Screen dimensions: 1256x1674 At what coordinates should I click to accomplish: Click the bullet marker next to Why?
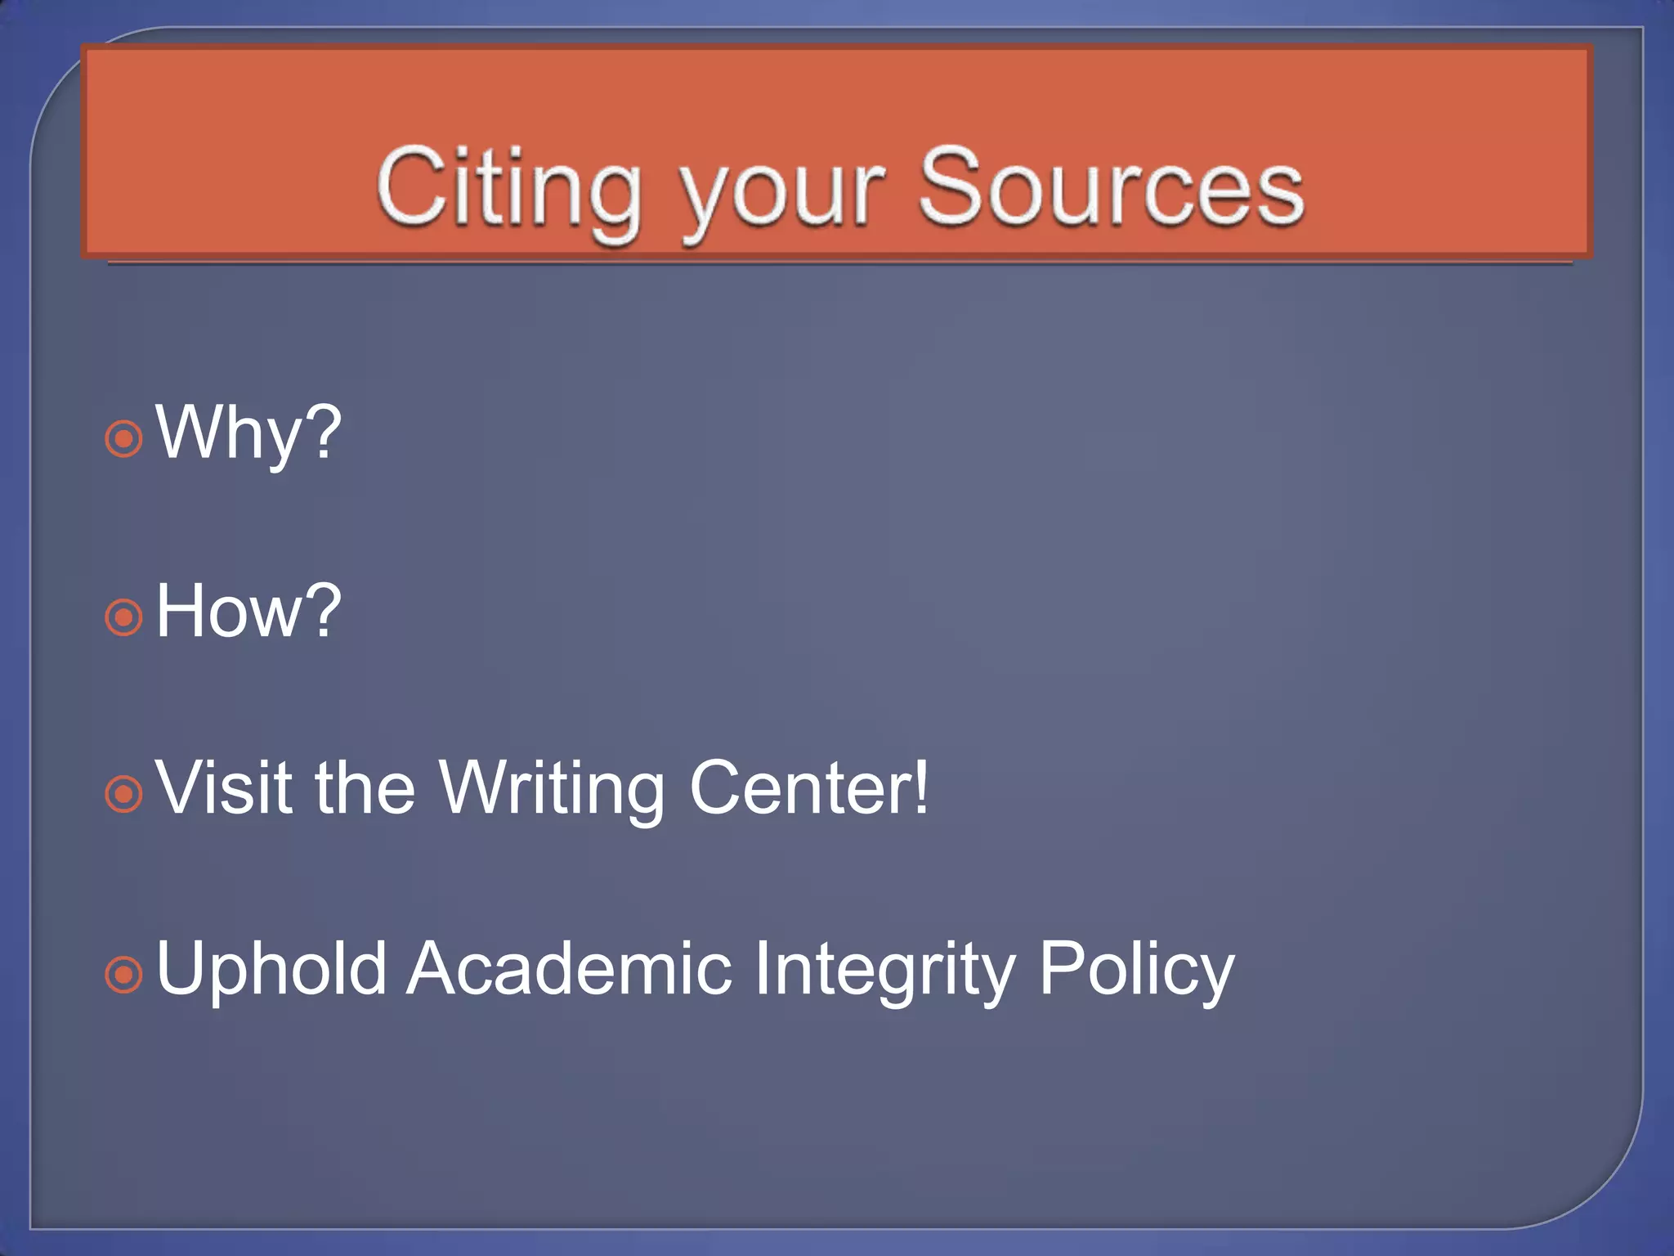click(x=124, y=439)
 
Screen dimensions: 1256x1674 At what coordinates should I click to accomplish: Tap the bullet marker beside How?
click(x=124, y=617)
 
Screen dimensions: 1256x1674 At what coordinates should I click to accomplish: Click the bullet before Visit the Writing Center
click(x=124, y=794)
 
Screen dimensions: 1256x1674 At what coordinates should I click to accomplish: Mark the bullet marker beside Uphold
click(x=124, y=974)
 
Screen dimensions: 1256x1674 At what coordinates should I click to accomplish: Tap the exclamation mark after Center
click(x=921, y=787)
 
